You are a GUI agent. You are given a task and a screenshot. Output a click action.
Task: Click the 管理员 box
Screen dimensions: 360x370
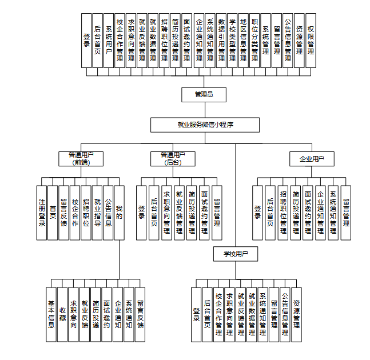[x=204, y=94]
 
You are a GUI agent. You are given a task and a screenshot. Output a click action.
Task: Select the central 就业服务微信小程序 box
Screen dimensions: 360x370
[x=204, y=125]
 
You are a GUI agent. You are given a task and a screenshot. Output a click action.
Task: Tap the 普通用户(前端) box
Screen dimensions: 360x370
[x=81, y=158]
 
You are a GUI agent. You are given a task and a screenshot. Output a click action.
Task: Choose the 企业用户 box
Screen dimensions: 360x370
[x=312, y=158]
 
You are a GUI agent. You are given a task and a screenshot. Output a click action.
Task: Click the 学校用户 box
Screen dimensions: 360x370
[x=235, y=252]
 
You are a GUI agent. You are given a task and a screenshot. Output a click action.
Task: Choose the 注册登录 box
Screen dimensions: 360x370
[x=41, y=212]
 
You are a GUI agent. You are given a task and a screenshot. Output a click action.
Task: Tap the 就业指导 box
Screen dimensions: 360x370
[x=97, y=212]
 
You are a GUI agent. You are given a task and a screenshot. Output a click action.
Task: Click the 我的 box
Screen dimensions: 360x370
[x=119, y=212]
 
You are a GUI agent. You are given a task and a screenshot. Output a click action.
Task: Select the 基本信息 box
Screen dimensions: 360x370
[x=51, y=314]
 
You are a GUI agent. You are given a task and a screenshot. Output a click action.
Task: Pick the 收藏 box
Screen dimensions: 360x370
[x=62, y=314]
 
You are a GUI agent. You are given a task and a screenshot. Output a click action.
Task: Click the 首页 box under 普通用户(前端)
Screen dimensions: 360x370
[x=53, y=212]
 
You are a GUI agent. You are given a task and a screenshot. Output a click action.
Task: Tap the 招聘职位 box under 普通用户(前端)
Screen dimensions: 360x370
[x=86, y=212]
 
